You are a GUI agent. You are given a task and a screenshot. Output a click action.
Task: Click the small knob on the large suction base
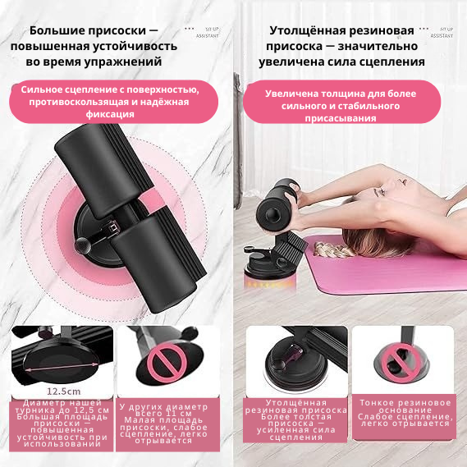(x=85, y=245)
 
